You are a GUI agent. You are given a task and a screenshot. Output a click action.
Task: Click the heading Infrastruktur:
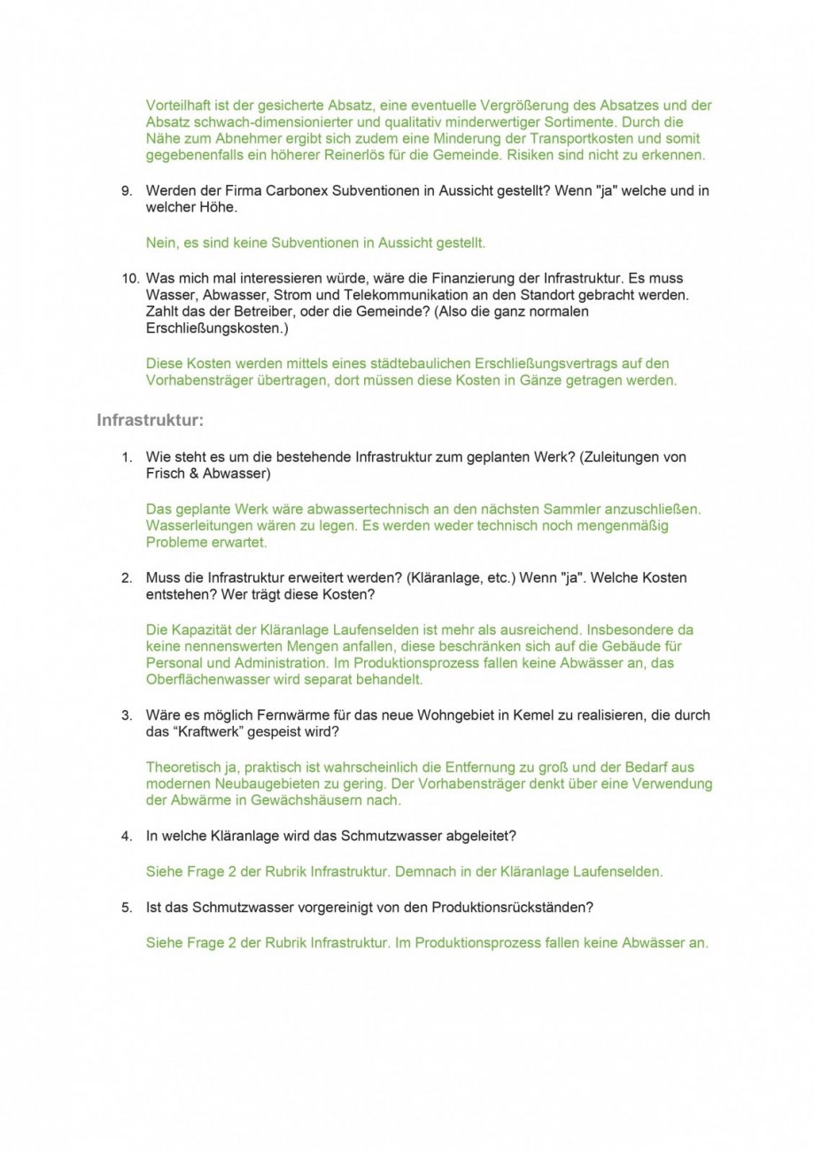pyautogui.click(x=150, y=420)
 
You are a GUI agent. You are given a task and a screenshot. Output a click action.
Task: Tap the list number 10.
pyautogui.click(x=129, y=278)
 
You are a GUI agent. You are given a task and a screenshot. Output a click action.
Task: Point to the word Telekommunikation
pyautogui.click(x=444, y=295)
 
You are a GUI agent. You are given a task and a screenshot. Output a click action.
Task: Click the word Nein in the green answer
pyautogui.click(x=161, y=242)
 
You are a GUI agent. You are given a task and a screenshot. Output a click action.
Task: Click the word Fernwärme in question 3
pyautogui.click(x=289, y=715)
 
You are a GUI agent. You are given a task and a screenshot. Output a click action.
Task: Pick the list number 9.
pyautogui.click(x=127, y=190)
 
